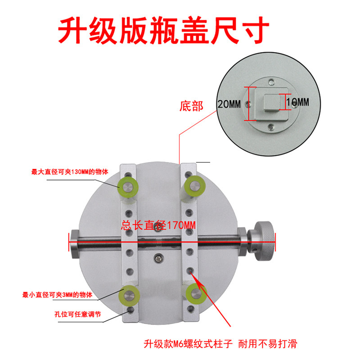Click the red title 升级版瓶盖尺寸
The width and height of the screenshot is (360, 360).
(x=163, y=30)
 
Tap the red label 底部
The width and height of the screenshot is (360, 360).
(x=191, y=106)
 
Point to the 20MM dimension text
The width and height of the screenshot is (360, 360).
(x=229, y=104)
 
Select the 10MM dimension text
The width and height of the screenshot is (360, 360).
(x=297, y=102)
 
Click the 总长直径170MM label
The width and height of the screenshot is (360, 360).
(x=158, y=225)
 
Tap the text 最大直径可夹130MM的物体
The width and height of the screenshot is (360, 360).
(x=70, y=172)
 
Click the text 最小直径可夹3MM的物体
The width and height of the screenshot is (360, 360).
(x=58, y=295)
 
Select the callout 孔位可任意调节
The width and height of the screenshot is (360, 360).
(x=77, y=314)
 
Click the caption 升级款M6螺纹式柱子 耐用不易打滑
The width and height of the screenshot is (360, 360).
(x=220, y=344)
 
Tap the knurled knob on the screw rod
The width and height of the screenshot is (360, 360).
(x=265, y=241)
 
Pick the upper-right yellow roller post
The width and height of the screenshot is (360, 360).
(x=195, y=186)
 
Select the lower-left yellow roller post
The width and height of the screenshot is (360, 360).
(x=129, y=296)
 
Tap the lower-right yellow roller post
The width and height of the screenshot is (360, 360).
(x=196, y=294)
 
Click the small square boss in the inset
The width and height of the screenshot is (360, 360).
(x=272, y=103)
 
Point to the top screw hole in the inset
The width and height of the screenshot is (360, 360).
(x=272, y=81)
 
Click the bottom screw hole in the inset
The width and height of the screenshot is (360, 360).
(x=272, y=126)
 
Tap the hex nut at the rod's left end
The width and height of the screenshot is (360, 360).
(x=74, y=243)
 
